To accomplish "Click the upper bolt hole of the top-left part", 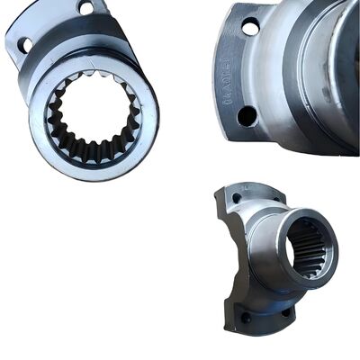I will [86, 8].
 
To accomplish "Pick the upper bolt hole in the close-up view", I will [250, 28].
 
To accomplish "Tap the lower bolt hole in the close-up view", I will [246, 115].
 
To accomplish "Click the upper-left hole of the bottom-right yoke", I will [237, 198].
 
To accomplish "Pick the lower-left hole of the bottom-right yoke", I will [245, 317].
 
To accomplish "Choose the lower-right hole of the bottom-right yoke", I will [286, 312].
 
